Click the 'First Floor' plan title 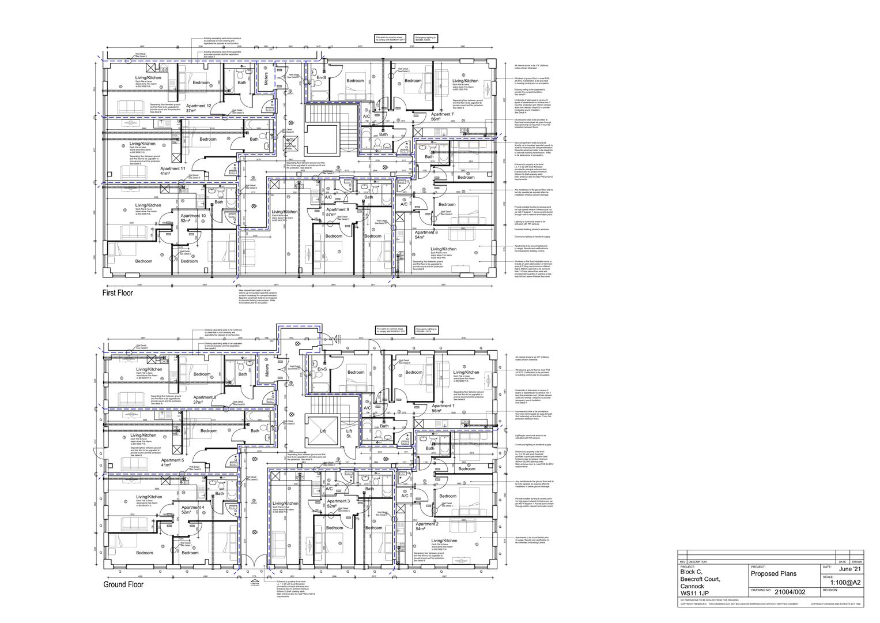118,293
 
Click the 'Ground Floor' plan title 123,584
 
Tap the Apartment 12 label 198,106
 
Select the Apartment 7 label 442,115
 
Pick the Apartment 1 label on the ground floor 443,406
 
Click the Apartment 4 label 192,508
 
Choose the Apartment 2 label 428,524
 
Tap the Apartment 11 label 173,168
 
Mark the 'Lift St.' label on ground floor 349,433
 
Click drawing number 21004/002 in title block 790,592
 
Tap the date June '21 850,569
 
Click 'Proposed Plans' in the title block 773,574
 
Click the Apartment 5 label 172,460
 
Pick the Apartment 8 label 427,232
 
